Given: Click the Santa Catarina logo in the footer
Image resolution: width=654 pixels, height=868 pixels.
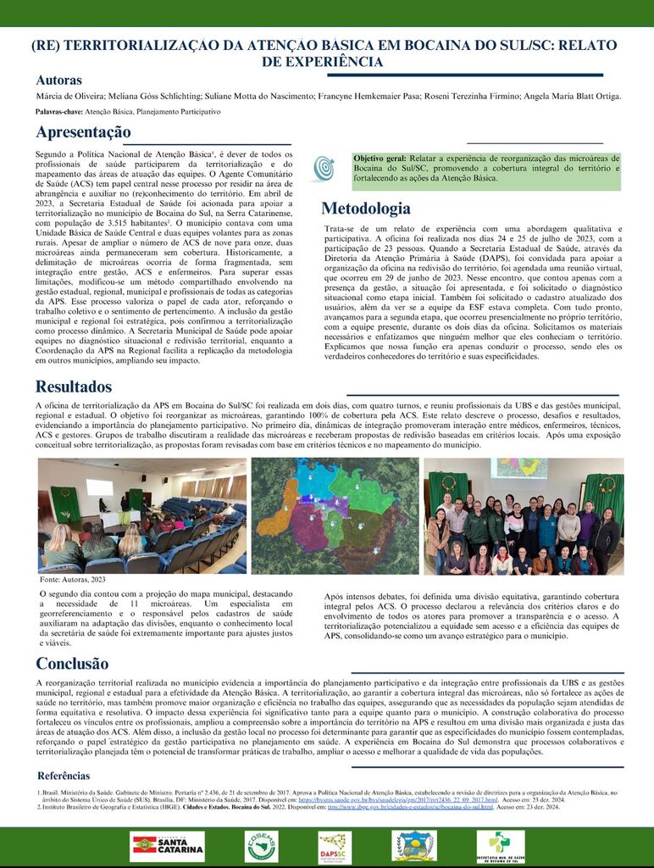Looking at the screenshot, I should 168,846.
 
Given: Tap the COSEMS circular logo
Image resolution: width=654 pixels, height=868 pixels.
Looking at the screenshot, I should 261,846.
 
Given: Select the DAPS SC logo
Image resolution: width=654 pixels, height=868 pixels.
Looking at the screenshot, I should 335,846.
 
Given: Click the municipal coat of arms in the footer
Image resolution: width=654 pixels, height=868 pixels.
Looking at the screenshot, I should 414,845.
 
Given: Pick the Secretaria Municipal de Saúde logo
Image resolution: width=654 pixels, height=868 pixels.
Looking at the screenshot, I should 500,846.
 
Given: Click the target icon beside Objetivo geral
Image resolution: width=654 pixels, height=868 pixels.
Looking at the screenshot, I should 323,169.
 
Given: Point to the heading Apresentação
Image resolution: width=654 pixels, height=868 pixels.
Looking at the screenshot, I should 83,132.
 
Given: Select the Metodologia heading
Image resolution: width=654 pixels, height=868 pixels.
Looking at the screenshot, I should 365,209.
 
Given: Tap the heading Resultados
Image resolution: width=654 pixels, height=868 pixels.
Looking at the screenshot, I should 74,387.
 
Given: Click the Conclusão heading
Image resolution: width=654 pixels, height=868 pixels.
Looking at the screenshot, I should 72,663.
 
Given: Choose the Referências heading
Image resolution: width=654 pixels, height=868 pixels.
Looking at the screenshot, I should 64,776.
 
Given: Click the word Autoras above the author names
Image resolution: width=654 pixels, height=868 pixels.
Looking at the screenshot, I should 58,81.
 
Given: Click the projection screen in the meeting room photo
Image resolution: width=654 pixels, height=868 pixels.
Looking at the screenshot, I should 99,487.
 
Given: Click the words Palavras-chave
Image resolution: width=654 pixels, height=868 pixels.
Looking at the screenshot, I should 58,112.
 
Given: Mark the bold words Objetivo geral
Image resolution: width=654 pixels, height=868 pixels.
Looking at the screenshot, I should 380,159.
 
